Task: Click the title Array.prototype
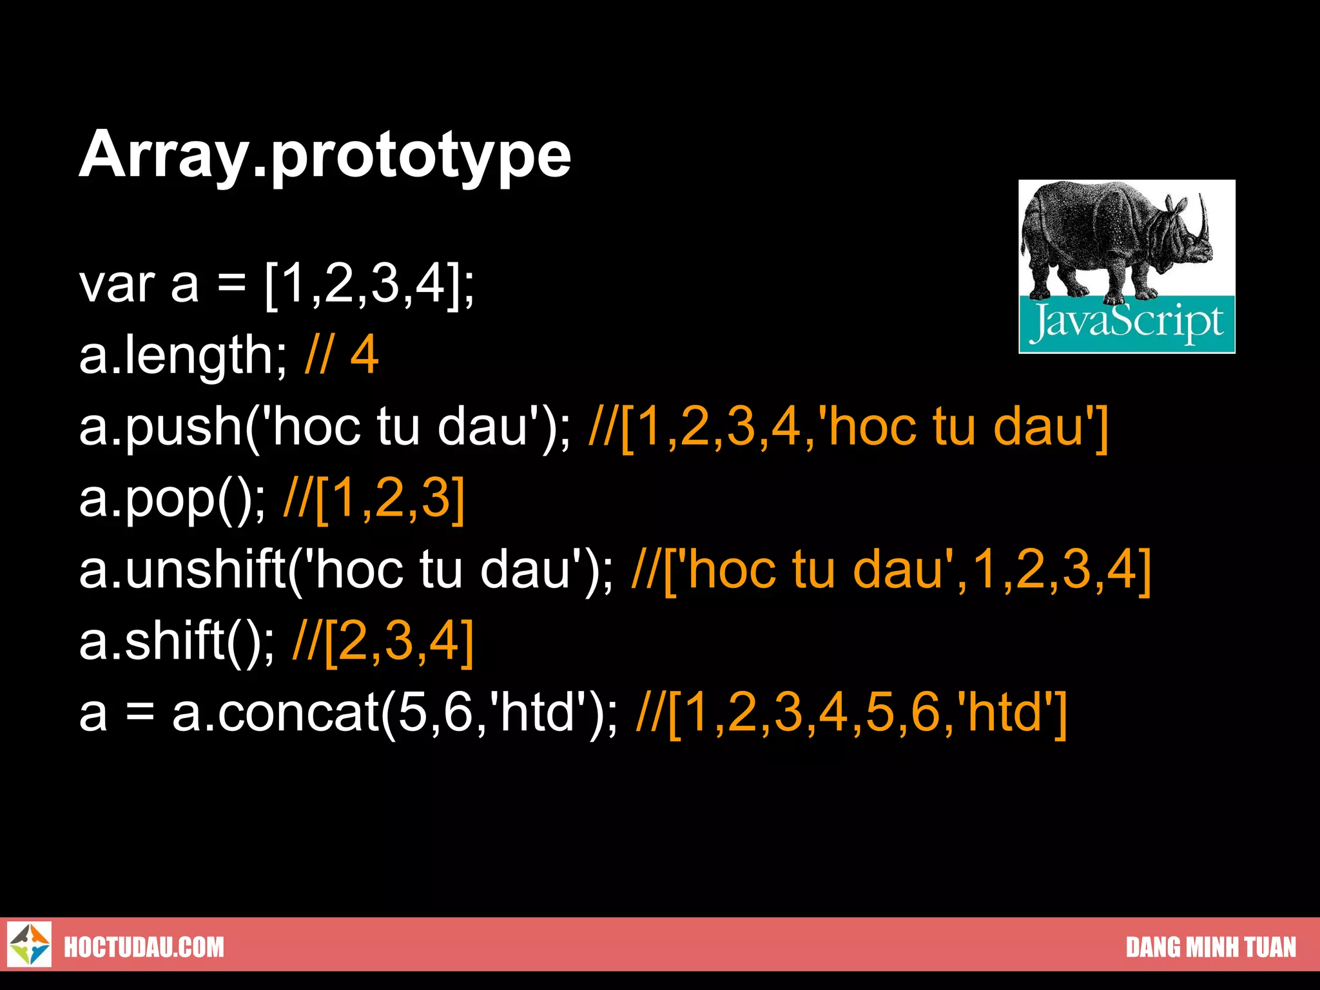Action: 325,155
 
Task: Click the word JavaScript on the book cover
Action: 1127,323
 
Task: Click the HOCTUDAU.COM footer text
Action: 144,947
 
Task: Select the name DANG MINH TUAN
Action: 1210,947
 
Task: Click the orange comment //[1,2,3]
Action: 374,499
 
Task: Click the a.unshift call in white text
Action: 346,570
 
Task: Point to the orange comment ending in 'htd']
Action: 851,713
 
